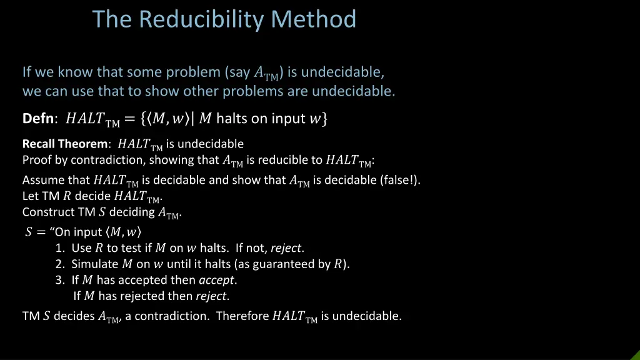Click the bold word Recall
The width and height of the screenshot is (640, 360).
coord(39,144)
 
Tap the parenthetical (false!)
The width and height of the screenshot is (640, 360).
coord(400,181)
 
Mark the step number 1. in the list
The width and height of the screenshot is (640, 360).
coord(60,248)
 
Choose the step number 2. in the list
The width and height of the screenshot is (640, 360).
coord(60,264)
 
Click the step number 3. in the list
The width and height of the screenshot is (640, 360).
coord(60,280)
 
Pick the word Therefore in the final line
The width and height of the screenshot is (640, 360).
coord(242,316)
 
